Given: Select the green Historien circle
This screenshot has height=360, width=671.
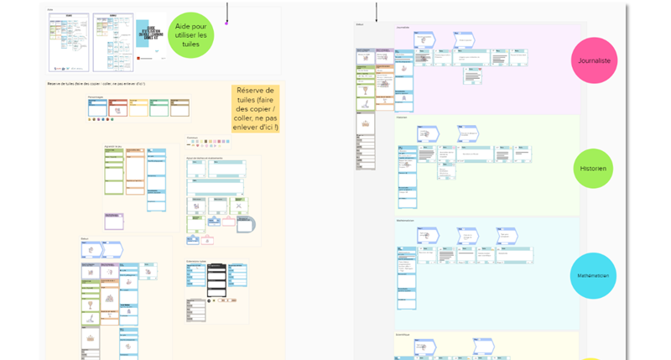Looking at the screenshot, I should point(593,169).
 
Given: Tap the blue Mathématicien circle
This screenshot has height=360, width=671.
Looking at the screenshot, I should point(594,274).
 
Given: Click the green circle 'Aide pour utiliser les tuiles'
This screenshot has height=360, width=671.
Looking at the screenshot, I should point(192,35).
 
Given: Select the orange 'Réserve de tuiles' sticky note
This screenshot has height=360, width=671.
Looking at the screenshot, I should point(256,108).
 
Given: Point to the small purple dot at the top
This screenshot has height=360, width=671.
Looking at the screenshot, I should point(227,23).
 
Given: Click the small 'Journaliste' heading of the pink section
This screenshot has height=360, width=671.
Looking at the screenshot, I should point(403,28).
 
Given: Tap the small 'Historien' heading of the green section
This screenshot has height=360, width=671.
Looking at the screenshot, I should point(402,117).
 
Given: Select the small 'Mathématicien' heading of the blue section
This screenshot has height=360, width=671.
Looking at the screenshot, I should point(405,221).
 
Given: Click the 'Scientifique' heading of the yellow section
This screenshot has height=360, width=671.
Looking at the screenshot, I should point(403,334).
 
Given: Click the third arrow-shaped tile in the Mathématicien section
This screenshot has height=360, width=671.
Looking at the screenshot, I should point(506,234).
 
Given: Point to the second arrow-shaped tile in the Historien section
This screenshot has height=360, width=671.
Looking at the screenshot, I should point(467,133).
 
